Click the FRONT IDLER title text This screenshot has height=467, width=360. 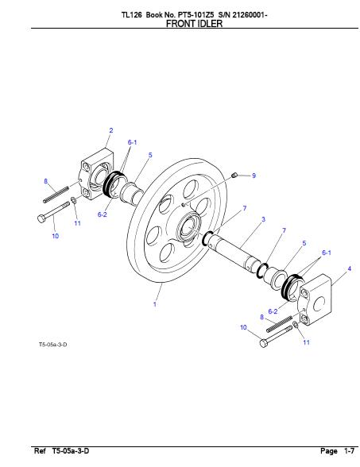pos(194,24)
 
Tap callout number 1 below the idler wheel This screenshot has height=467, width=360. pos(155,304)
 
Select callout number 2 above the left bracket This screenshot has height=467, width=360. pos(111,130)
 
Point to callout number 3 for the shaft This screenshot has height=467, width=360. pos(263,219)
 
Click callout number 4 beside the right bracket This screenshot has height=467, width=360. pos(350,268)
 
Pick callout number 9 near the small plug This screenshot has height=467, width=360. pos(254,176)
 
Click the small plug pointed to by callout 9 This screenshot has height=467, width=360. pos(234,175)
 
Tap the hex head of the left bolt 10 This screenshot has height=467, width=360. pos(41,218)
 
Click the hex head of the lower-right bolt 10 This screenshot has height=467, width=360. pos(264,343)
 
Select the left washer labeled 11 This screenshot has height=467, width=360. pos(73,200)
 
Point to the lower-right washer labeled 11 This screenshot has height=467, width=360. pos(295,325)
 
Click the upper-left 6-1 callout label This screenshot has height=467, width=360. pos(132,142)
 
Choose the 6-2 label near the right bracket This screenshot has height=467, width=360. pos(273,311)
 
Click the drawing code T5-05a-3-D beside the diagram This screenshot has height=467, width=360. pos(52,345)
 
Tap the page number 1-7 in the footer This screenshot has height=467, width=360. pos(350,451)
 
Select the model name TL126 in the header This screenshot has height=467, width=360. pos(131,15)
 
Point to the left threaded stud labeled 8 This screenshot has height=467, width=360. pos(56,195)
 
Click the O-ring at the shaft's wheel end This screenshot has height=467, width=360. pos(207,238)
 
